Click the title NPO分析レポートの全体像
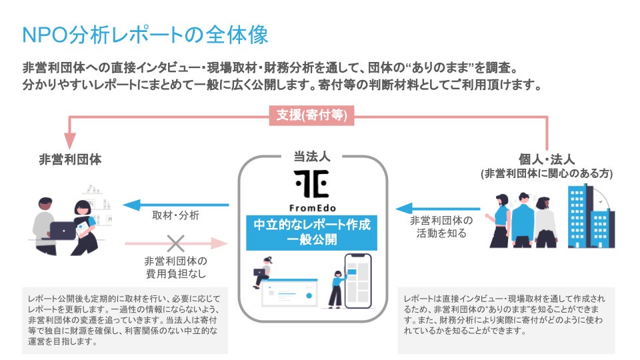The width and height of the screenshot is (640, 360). click(145, 35)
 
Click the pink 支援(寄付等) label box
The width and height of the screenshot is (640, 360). click(312, 115)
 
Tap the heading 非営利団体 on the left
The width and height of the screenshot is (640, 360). click(70, 159)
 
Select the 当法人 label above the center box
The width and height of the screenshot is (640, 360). click(312, 156)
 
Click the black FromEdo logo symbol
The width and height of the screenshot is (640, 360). click(312, 184)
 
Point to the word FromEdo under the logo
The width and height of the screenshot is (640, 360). click(312, 208)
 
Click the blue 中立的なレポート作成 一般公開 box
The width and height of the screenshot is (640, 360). click(311, 232)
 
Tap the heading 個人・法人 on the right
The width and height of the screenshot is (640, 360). click(547, 159)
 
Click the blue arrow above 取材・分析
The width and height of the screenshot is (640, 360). click(176, 205)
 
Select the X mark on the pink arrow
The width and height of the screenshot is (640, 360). click(175, 244)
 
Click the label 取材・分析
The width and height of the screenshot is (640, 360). click(175, 215)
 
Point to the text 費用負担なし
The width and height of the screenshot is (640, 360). click(175, 273)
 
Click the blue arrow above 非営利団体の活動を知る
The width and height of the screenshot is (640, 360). click(438, 209)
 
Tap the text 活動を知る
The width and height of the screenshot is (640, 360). click(441, 233)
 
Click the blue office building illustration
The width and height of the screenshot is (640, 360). click(591, 216)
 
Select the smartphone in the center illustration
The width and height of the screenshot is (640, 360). click(358, 281)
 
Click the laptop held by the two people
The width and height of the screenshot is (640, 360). click(63, 231)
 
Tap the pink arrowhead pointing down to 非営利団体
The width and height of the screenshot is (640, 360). click(70, 141)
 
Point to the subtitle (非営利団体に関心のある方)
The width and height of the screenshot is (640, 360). click(547, 173)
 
